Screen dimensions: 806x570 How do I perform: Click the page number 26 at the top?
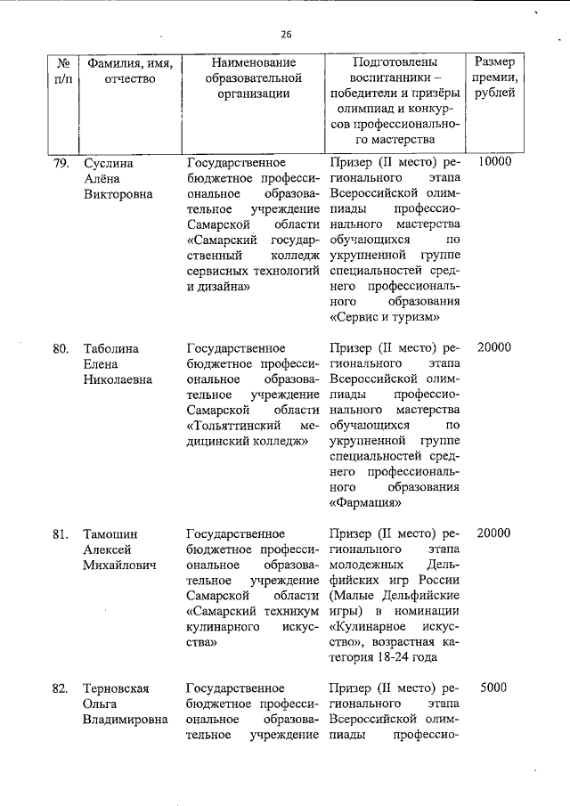(x=285, y=35)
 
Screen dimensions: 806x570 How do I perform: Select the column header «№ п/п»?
(x=63, y=70)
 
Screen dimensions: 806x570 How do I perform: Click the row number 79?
(x=61, y=163)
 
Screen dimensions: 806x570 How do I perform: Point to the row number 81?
(x=61, y=533)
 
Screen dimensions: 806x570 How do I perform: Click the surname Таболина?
(x=110, y=348)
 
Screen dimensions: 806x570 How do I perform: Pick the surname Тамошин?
(x=110, y=533)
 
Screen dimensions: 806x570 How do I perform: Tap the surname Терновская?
(x=115, y=688)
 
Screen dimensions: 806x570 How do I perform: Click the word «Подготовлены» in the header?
(x=395, y=63)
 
